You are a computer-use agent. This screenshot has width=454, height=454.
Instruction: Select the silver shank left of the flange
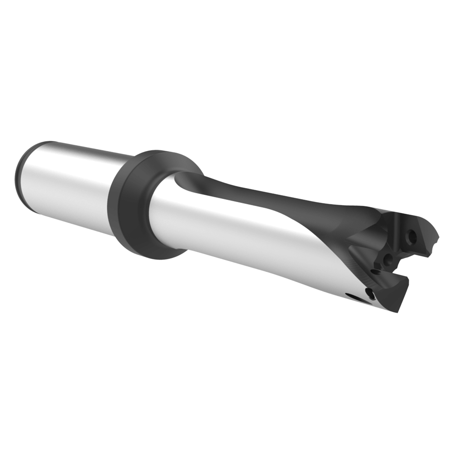[x=71, y=174]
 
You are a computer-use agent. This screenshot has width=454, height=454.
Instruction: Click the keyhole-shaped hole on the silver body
[x=370, y=293]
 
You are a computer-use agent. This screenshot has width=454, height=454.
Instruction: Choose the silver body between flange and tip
[x=231, y=231]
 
